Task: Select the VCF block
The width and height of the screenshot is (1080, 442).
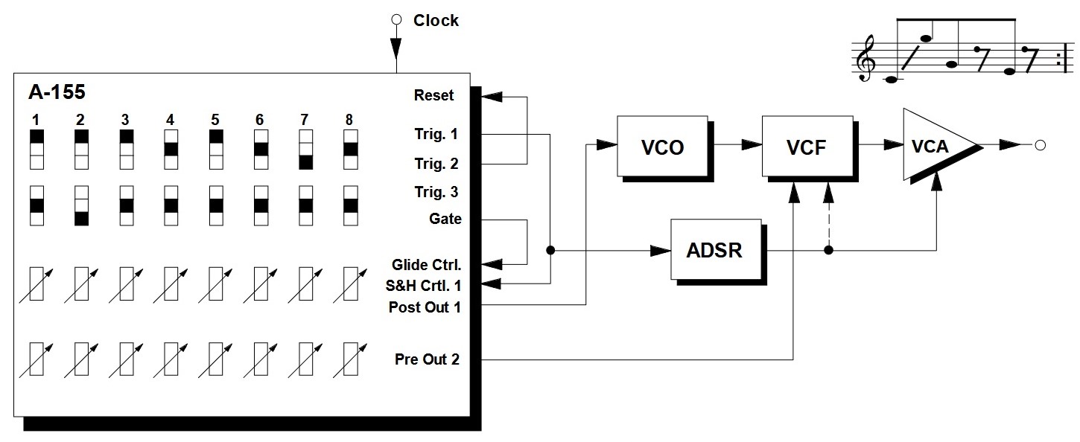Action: [807, 147]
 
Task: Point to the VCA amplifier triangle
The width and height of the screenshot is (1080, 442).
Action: [933, 146]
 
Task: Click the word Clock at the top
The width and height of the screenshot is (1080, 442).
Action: [436, 21]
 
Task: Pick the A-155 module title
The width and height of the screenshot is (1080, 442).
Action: [57, 93]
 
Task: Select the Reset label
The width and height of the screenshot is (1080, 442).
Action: [433, 95]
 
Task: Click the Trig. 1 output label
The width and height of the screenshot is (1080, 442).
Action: [436, 135]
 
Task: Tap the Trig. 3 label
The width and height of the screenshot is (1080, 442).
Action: [436, 193]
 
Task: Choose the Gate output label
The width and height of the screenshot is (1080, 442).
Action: [445, 219]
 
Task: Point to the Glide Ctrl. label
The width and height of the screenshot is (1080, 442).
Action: [427, 264]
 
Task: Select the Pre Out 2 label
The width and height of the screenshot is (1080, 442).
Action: [427, 359]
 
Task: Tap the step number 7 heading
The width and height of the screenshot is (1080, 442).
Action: [303, 120]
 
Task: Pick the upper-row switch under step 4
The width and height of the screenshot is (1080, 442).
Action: [171, 149]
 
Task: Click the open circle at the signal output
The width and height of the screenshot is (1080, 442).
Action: [1040, 145]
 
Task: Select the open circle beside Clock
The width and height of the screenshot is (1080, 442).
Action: [396, 19]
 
